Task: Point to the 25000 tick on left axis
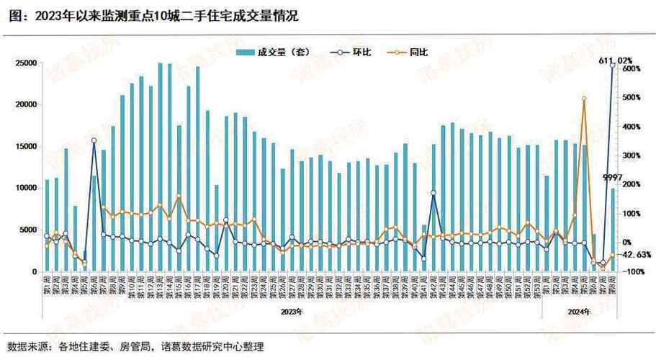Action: click(25, 63)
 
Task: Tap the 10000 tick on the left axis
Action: click(25, 188)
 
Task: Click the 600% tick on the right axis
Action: click(632, 69)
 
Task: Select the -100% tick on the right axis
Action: click(632, 271)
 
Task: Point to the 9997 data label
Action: click(612, 177)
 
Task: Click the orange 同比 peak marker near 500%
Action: click(584, 99)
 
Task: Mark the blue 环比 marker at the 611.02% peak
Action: click(613, 66)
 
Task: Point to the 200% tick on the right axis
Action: click(632, 184)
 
